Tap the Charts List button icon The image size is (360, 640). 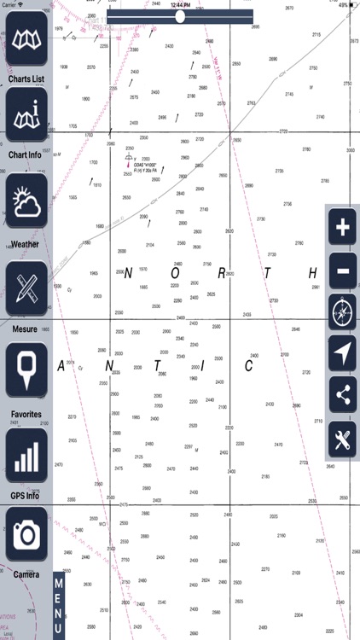(26, 43)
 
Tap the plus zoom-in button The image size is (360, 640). (342, 228)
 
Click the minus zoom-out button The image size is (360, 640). (342, 271)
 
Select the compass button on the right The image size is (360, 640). (342, 313)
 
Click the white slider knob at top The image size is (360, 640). (180, 16)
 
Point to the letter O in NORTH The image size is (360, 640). (175, 274)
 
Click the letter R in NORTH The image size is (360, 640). (222, 274)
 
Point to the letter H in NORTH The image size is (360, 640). (313, 273)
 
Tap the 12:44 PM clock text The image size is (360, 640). (180, 4)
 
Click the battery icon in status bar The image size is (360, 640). (351, 4)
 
